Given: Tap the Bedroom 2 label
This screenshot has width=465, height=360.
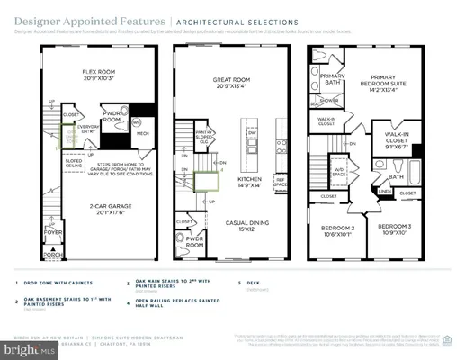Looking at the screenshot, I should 338,229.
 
